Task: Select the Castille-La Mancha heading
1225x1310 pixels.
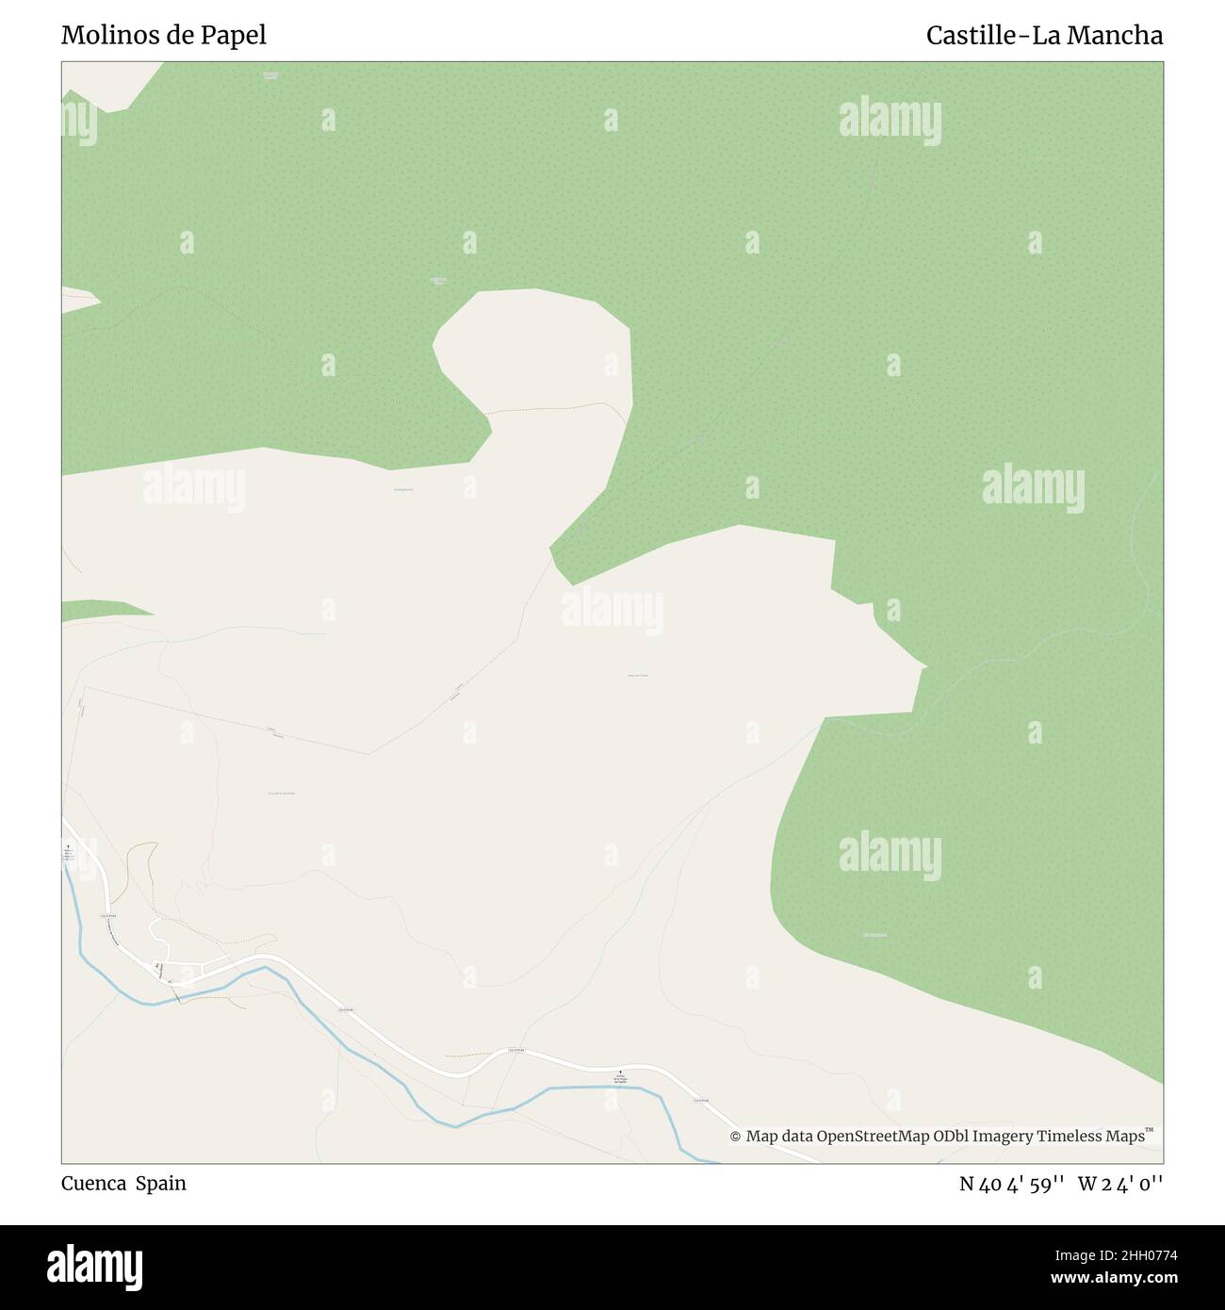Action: click(x=1044, y=36)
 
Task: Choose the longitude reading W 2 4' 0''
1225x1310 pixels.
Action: click(x=1120, y=1184)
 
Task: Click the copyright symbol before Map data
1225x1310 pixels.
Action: click(x=735, y=1137)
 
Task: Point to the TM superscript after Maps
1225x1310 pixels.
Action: click(x=1150, y=1130)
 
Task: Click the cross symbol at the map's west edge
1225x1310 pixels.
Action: click(x=68, y=847)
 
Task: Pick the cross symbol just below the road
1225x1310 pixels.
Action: click(x=620, y=1072)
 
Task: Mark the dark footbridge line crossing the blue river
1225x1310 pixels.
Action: click(x=178, y=996)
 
